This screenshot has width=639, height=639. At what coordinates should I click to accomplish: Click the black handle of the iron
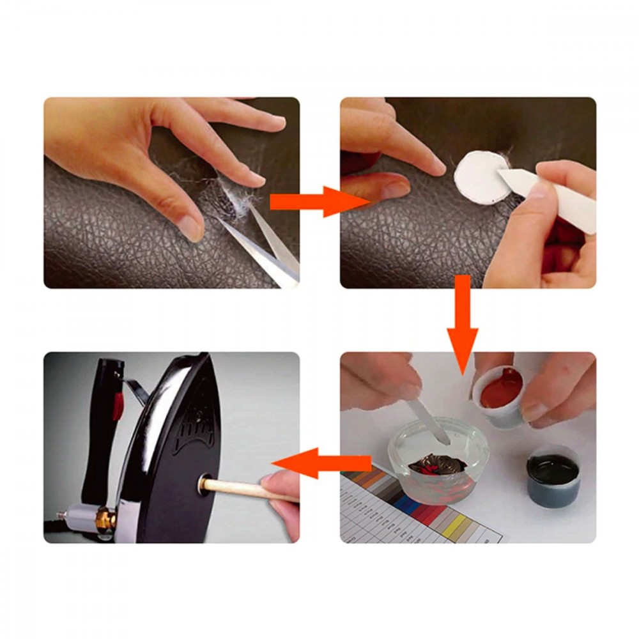(105, 422)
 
